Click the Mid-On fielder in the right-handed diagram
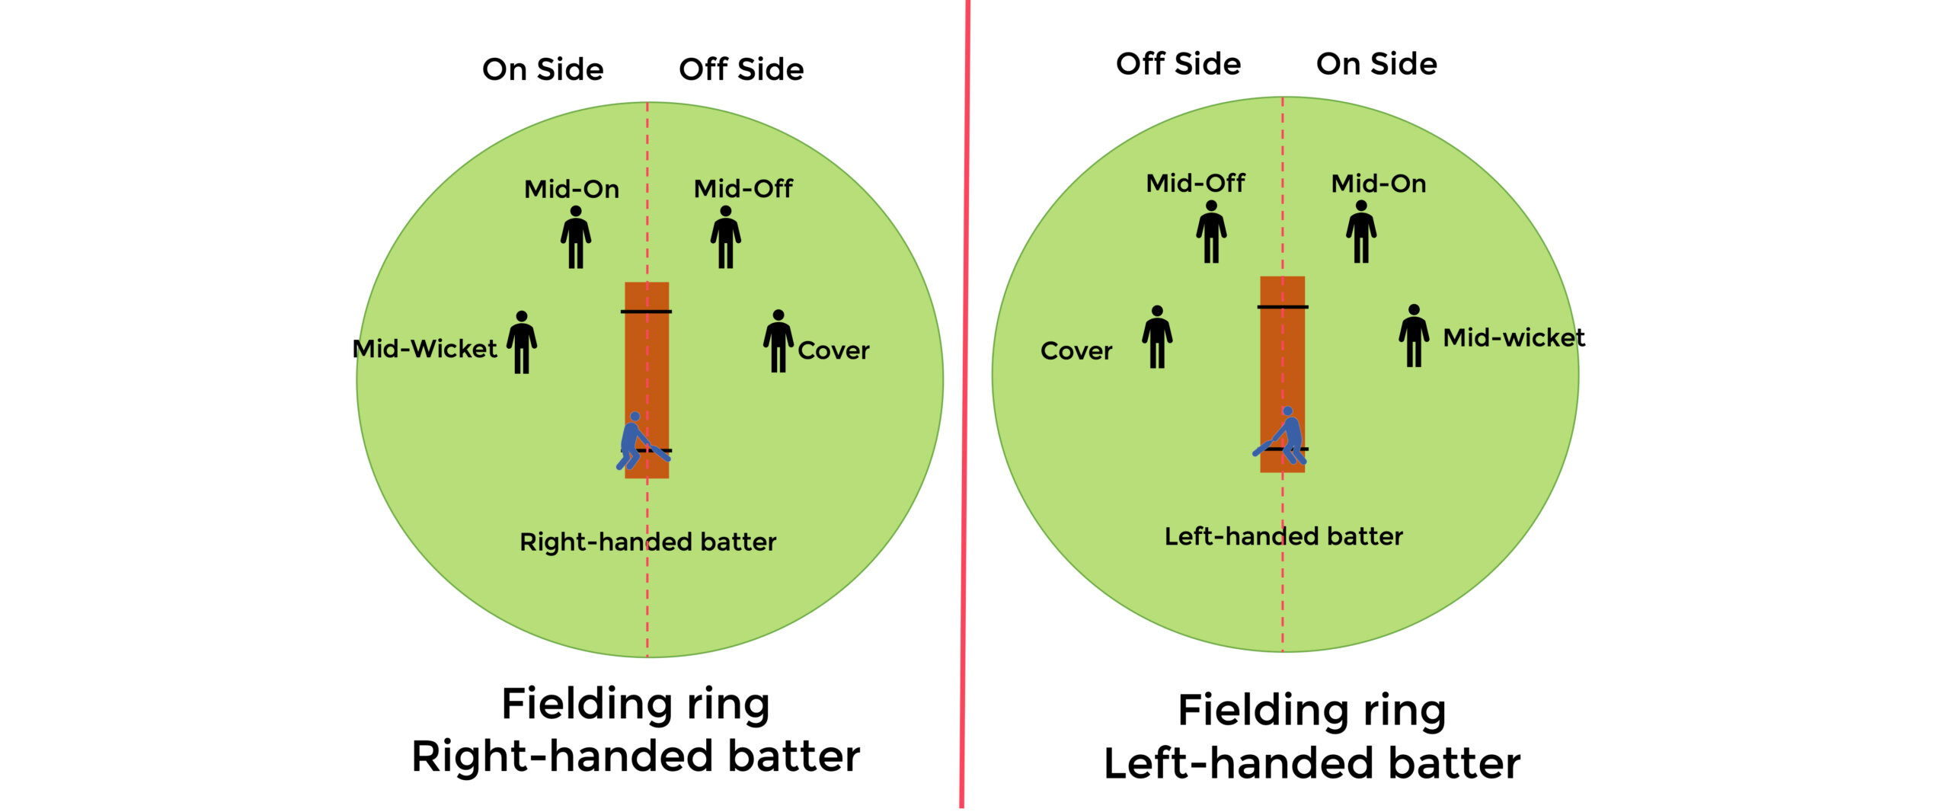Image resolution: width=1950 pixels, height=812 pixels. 576,238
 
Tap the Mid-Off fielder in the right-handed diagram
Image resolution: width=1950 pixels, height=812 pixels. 726,238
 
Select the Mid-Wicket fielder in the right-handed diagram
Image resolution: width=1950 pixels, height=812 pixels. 522,343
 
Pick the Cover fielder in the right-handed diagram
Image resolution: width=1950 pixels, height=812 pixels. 778,342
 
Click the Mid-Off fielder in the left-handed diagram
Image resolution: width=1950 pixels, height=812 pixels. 1211,232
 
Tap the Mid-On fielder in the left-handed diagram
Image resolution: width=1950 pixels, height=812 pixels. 1361,232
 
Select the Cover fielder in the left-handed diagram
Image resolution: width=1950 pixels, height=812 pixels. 1157,337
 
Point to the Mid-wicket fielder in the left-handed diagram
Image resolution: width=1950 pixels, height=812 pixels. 1414,337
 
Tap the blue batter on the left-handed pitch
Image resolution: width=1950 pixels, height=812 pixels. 1286,437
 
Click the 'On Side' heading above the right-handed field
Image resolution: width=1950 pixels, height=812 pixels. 542,69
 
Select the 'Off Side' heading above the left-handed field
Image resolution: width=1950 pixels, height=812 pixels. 1178,64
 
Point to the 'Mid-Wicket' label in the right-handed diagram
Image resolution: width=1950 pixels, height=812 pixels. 424,349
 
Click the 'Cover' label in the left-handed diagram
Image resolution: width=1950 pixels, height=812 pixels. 1076,351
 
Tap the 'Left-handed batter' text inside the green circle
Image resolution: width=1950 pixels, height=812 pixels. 1283,536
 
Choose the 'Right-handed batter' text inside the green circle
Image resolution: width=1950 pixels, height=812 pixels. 647,542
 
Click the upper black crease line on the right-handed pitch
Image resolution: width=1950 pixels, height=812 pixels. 646,312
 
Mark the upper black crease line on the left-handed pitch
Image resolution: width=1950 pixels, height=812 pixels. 1282,307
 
